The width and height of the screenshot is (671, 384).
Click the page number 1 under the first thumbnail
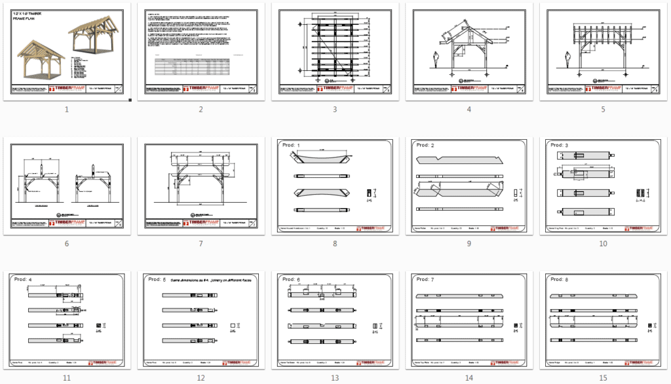tap(66, 109)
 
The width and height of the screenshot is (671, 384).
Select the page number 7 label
tap(201, 244)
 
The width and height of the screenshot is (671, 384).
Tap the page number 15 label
tap(603, 377)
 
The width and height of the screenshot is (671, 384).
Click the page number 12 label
tap(201, 377)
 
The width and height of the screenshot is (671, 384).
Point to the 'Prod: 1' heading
tap(289, 145)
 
